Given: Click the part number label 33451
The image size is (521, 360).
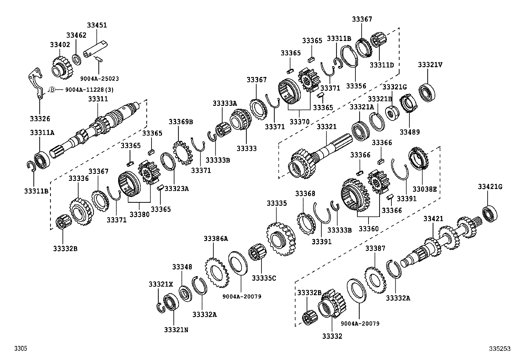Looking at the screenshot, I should [97, 25].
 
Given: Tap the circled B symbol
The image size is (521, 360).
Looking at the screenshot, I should [52, 89].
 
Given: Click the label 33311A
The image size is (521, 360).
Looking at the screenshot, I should [42, 132].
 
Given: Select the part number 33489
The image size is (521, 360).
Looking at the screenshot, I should [409, 132].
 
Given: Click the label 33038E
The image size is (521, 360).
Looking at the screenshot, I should [424, 189].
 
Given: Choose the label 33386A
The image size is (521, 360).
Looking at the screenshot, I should [215, 238].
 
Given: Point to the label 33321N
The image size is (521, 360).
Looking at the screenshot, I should [176, 330].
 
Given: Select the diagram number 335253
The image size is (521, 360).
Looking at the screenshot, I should [500, 349].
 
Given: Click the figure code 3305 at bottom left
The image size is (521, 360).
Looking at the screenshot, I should [20, 349].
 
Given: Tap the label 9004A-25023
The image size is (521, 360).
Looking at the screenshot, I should [99, 79].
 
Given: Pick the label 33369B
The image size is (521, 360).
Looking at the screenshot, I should [181, 122].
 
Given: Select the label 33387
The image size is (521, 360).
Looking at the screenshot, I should [375, 248].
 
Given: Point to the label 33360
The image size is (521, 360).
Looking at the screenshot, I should [368, 228].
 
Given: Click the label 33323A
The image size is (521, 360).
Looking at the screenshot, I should [176, 188].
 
